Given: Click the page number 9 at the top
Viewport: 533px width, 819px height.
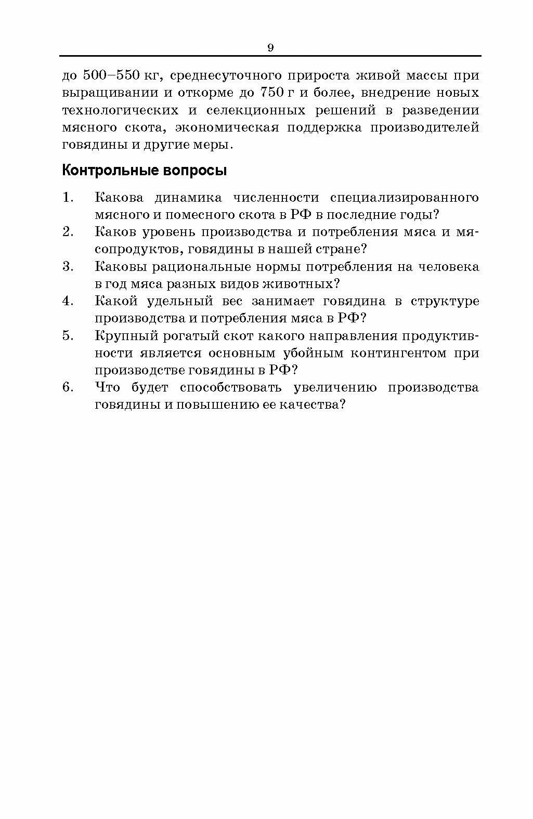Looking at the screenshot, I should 270,48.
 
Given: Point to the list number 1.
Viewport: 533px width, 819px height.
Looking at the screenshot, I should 68,198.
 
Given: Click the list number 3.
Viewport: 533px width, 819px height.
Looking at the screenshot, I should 68,267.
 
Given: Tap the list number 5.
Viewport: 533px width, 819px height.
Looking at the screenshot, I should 68,335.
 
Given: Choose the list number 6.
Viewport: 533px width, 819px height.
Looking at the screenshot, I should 68,387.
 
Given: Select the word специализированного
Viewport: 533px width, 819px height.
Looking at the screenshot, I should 404,198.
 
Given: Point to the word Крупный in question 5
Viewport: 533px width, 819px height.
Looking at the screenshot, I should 120,335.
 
